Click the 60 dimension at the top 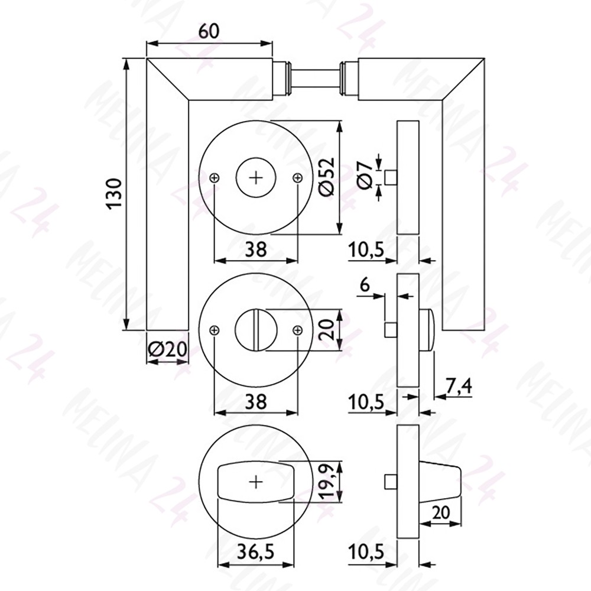(209, 32)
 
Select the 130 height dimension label (115, 193)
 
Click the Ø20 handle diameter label (167, 350)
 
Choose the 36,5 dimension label (255, 553)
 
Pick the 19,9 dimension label (327, 482)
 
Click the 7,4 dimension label (459, 387)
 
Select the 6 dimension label (365, 285)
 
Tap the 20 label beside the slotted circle (326, 330)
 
